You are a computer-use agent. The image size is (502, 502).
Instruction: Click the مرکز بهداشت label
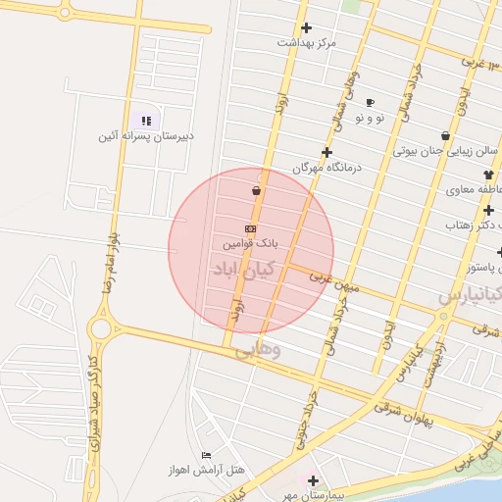[x=306, y=43]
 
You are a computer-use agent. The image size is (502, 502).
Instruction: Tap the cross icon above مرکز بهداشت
[x=307, y=27]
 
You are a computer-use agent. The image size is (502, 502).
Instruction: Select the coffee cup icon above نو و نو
[x=370, y=102]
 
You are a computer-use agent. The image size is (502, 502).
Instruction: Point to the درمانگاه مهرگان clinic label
[x=326, y=168]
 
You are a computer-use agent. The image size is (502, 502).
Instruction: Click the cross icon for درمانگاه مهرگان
[x=326, y=152]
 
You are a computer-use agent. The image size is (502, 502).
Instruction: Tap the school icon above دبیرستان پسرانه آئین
[x=146, y=121]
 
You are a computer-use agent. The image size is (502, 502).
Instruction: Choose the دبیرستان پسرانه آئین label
[x=145, y=136]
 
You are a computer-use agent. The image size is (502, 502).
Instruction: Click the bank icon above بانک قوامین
[x=251, y=227]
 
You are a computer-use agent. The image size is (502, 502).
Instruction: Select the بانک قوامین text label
[x=250, y=241]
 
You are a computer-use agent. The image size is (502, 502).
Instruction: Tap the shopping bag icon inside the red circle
[x=256, y=190]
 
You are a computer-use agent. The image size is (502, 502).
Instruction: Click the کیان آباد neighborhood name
[x=244, y=269]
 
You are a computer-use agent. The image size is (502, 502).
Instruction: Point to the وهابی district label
[x=257, y=349]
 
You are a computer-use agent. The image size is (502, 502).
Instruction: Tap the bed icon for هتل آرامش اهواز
[x=206, y=456]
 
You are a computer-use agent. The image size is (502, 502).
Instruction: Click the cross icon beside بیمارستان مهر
[x=313, y=480]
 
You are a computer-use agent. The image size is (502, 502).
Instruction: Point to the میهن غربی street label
[x=335, y=281]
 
